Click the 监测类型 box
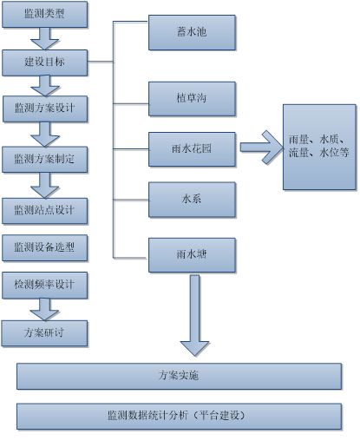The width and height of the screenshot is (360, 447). tap(45, 15)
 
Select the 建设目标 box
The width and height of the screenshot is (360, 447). tap(45, 62)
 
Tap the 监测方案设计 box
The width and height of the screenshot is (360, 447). tap(45, 108)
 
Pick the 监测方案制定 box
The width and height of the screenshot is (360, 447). tap(45, 160)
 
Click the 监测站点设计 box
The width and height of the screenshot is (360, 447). tap(45, 211)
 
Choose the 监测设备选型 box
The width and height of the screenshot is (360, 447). tap(45, 248)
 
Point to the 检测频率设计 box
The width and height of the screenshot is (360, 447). tap(45, 286)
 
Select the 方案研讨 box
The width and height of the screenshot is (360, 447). tap(44, 333)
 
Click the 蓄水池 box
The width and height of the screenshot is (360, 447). tap(192, 32)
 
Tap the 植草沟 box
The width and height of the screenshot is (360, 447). tap(192, 99)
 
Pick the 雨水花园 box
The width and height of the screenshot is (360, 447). tap(192, 149)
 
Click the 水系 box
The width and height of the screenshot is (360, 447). tap(192, 200)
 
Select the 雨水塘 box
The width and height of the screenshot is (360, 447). tap(192, 255)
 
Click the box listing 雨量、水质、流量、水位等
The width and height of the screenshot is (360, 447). tap(319, 147)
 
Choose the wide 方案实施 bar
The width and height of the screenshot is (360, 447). tap(180, 376)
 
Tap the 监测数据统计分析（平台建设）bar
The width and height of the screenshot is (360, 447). tap(180, 417)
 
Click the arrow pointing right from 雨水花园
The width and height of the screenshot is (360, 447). tap(262, 148)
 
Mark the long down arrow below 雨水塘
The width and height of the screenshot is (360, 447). tap(194, 315)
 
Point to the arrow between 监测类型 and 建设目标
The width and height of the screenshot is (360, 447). tap(45, 39)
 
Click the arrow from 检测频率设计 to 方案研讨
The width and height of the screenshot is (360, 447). tap(44, 310)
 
